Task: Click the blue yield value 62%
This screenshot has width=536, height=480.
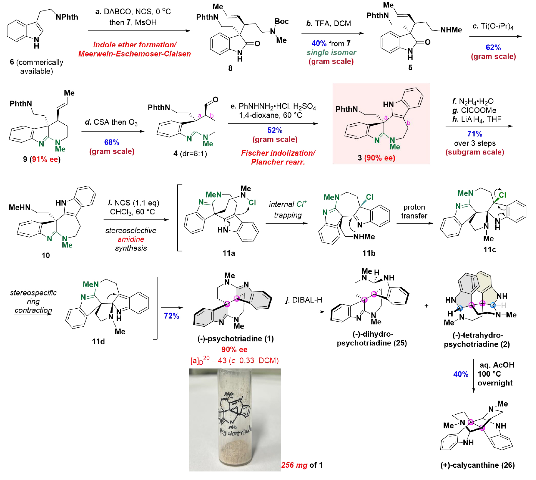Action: (x=493, y=47)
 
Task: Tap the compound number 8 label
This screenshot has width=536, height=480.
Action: (x=230, y=68)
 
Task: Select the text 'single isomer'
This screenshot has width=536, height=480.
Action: (x=331, y=52)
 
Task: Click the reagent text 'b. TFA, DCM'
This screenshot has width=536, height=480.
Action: (x=329, y=23)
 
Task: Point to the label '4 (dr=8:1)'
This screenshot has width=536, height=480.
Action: (x=190, y=154)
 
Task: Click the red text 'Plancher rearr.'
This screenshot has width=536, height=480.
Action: (x=278, y=162)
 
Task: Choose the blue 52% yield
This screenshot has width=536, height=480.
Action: (x=275, y=130)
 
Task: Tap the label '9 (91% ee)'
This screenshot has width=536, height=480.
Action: (x=42, y=159)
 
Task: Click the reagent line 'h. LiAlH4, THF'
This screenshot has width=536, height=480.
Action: (x=477, y=119)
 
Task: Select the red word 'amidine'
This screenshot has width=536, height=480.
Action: (x=131, y=239)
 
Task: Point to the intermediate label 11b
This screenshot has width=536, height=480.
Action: (x=369, y=253)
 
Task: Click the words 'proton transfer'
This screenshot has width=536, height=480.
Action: (x=414, y=211)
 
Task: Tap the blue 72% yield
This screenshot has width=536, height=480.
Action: (x=171, y=316)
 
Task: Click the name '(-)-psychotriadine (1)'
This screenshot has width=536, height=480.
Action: (x=235, y=338)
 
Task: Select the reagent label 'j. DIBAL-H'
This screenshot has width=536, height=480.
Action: (x=304, y=300)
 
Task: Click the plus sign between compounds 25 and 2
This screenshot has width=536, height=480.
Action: (x=426, y=306)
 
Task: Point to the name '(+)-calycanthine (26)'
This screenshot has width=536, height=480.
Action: (x=477, y=465)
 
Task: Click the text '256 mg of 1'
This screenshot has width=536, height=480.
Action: (x=302, y=465)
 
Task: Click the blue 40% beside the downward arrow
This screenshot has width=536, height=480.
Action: (x=461, y=374)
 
